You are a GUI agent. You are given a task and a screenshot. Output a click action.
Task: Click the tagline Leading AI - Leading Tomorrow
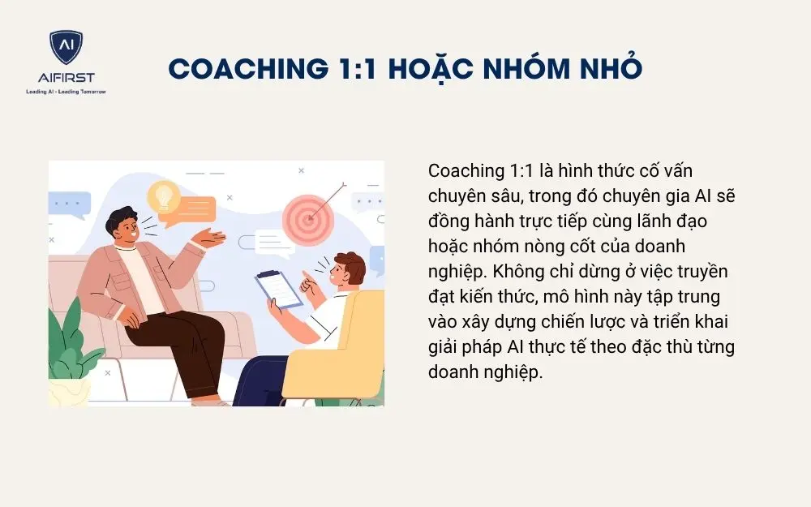pos(66,92)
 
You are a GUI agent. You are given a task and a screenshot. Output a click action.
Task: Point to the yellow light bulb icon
pos(164,195)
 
